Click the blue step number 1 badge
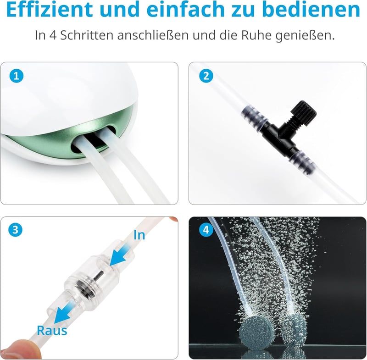point(17,76)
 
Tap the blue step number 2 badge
point(206,76)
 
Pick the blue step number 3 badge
point(15,230)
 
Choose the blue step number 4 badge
point(206,230)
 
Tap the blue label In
point(139,235)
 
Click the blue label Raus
point(52,331)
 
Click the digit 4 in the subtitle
point(53,35)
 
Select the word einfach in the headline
point(185,9)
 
